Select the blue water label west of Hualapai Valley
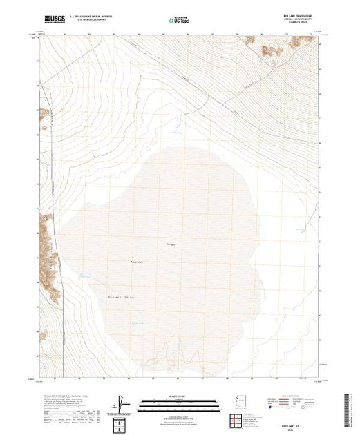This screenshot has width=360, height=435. click(84, 278)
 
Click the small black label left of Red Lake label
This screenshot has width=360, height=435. click(138, 261)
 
